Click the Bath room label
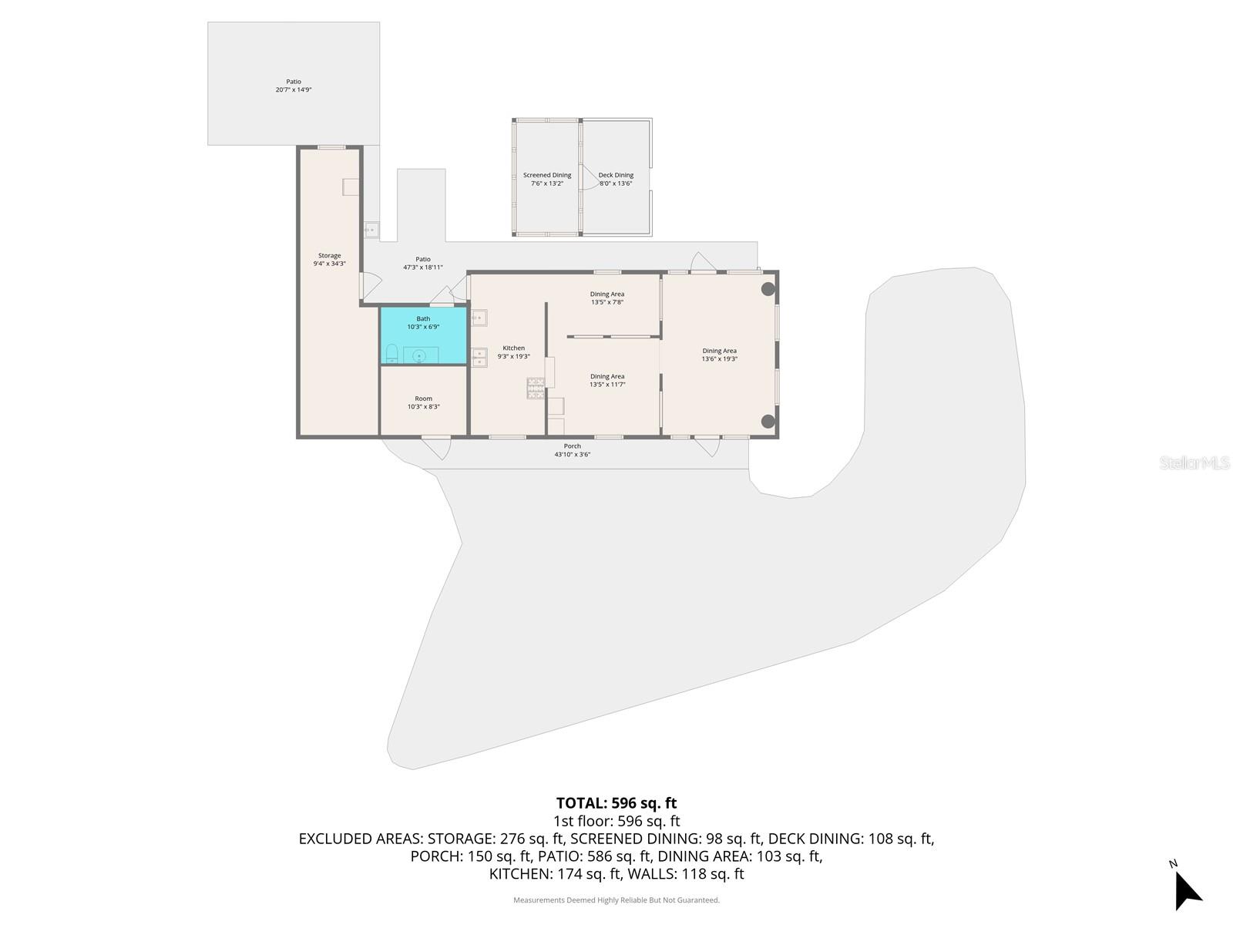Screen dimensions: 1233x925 click(x=423, y=318)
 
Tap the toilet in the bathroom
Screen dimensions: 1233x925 click(x=391, y=354)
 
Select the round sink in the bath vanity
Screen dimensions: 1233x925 click(x=420, y=355)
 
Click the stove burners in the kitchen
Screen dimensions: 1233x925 click(x=536, y=388)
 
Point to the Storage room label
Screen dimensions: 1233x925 click(x=329, y=256)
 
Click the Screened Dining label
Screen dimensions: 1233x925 click(x=547, y=175)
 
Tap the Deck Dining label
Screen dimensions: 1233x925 click(x=616, y=175)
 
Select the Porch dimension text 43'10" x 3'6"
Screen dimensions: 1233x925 click(x=573, y=454)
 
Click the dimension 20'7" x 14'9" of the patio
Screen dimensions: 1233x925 click(x=294, y=90)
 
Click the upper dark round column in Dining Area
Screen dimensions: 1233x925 click(x=768, y=289)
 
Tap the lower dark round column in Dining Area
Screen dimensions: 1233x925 click(x=768, y=421)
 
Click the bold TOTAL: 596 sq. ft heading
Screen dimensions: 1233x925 click(x=616, y=802)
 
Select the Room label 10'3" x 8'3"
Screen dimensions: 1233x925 click(x=424, y=402)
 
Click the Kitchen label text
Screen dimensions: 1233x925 click(x=513, y=348)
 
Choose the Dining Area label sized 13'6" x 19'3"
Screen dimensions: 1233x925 click(x=720, y=355)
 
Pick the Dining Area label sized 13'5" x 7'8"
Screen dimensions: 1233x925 click(x=607, y=298)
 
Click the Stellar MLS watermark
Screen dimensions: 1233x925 click(x=1194, y=462)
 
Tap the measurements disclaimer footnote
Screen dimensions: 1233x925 click(x=616, y=900)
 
